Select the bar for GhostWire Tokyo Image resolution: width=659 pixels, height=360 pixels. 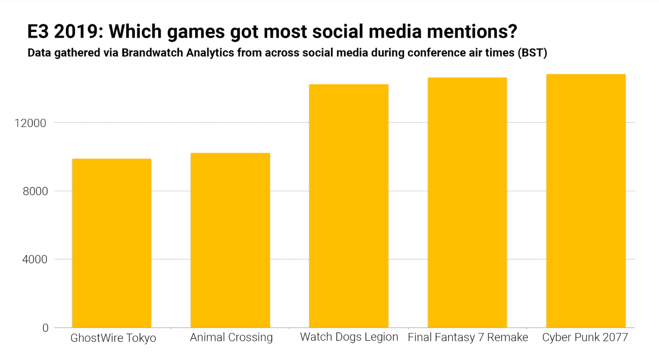(112, 243)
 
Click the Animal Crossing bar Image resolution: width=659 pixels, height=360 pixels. (230, 240)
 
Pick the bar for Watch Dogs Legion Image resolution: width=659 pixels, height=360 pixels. (349, 206)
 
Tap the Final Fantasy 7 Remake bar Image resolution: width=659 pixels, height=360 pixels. (467, 203)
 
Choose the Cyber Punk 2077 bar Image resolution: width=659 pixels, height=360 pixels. (586, 201)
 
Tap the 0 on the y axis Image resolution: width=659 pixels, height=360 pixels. (45, 328)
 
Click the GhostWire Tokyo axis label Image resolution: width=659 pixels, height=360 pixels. (113, 338)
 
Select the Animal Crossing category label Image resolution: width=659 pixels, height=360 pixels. (231, 338)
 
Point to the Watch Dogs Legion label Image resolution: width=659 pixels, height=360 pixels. (349, 337)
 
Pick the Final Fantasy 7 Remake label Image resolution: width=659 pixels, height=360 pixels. (468, 337)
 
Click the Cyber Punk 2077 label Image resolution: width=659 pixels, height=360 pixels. (585, 337)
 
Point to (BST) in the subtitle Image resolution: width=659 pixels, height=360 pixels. (532, 53)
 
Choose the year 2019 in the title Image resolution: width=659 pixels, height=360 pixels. (75, 32)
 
